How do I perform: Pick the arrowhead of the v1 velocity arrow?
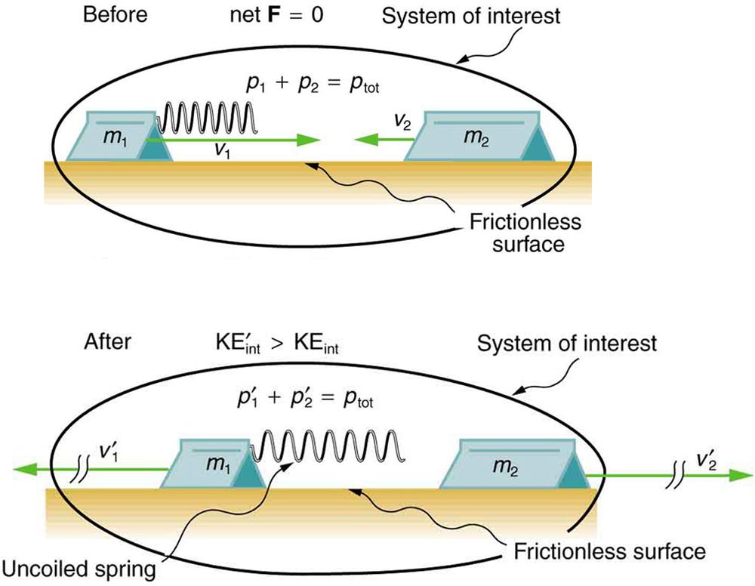309,140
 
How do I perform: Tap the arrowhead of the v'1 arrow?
23,470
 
